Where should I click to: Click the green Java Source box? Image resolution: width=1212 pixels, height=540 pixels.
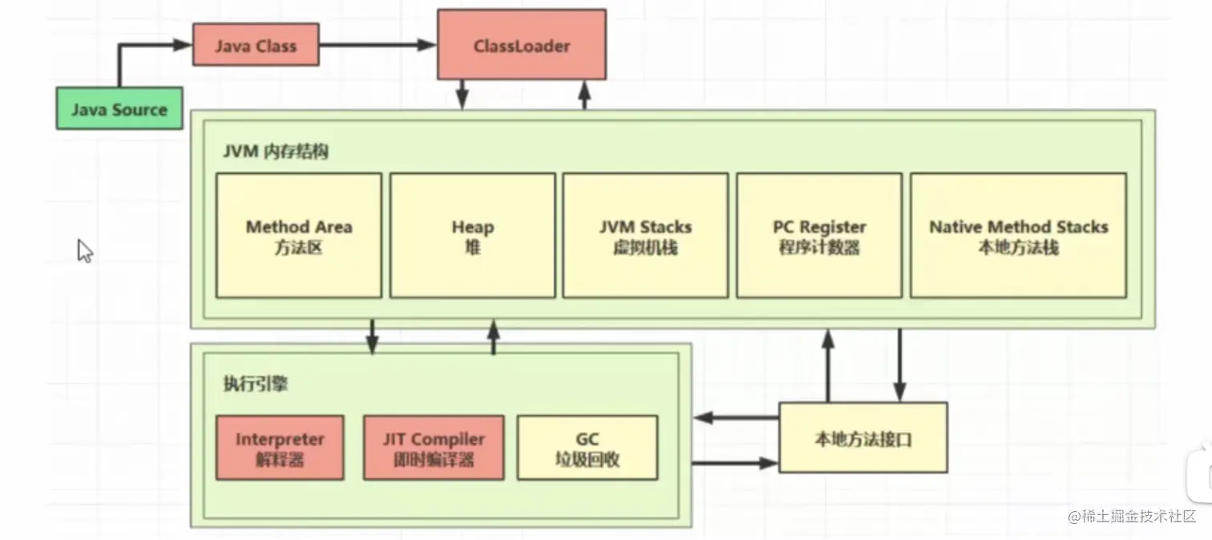[119, 109]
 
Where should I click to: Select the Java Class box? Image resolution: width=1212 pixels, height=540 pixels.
[256, 45]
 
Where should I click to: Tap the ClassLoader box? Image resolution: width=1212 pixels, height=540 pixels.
[521, 45]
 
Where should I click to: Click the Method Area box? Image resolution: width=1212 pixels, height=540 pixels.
[298, 236]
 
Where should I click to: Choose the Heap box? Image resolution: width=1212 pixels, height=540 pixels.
[472, 236]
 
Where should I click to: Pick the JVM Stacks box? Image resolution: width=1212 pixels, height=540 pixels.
[645, 236]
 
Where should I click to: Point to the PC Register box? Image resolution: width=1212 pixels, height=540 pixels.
[819, 236]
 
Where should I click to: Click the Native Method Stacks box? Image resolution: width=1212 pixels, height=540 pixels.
[1018, 236]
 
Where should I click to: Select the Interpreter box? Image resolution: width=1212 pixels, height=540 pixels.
[280, 449]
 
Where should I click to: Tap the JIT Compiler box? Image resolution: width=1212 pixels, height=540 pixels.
[434, 449]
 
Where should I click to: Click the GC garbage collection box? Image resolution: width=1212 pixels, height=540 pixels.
[588, 449]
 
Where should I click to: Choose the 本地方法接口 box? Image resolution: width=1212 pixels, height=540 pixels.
[863, 438]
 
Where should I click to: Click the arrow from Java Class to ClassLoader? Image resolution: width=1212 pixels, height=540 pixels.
[377, 46]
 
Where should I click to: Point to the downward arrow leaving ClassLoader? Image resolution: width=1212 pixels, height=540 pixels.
[462, 94]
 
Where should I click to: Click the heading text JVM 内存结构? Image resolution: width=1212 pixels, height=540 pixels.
[276, 152]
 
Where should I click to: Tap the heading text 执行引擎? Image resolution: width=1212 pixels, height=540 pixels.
[255, 384]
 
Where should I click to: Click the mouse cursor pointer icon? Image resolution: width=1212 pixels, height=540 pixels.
[84, 250]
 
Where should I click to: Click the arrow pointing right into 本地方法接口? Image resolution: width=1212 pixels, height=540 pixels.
[735, 463]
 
